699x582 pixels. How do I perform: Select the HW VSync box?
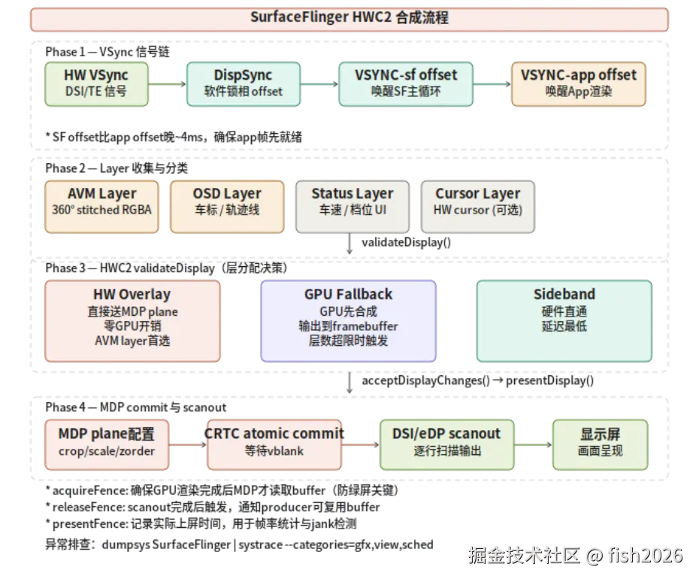[97, 83]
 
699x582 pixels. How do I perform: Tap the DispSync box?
[243, 83]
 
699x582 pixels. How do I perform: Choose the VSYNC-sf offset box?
[406, 83]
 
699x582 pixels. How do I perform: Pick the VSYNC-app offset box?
[578, 83]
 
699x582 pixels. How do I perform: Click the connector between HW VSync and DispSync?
[168, 83]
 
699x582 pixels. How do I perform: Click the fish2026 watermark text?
[645, 556]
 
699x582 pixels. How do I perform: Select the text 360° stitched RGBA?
[101, 211]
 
